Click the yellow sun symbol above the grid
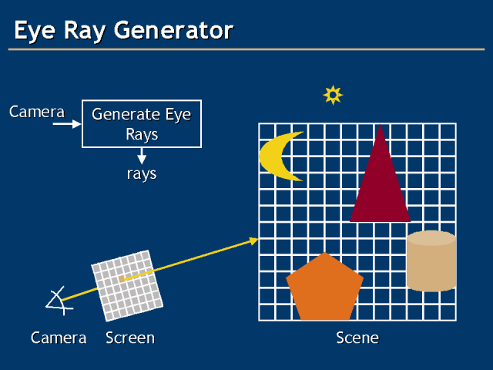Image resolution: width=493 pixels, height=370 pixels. coord(332,95)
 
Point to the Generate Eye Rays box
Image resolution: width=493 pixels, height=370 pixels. coord(141,123)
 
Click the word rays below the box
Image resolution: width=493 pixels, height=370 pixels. coord(142,174)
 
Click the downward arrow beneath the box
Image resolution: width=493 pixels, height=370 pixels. coord(142,156)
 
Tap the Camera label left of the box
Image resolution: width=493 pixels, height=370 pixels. coord(37,112)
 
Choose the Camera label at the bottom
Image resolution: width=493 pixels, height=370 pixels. coord(59,338)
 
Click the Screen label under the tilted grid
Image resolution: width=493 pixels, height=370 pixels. coord(130,338)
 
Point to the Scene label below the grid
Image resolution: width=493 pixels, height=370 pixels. coord(357,338)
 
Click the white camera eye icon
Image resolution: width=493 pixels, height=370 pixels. coord(57,299)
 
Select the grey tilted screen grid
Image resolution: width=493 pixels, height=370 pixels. coord(127,284)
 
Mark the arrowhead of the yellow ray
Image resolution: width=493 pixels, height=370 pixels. coord(253,241)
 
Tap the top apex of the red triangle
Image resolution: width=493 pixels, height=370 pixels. coord(380,126)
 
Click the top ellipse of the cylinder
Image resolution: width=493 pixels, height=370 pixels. coord(431,238)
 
